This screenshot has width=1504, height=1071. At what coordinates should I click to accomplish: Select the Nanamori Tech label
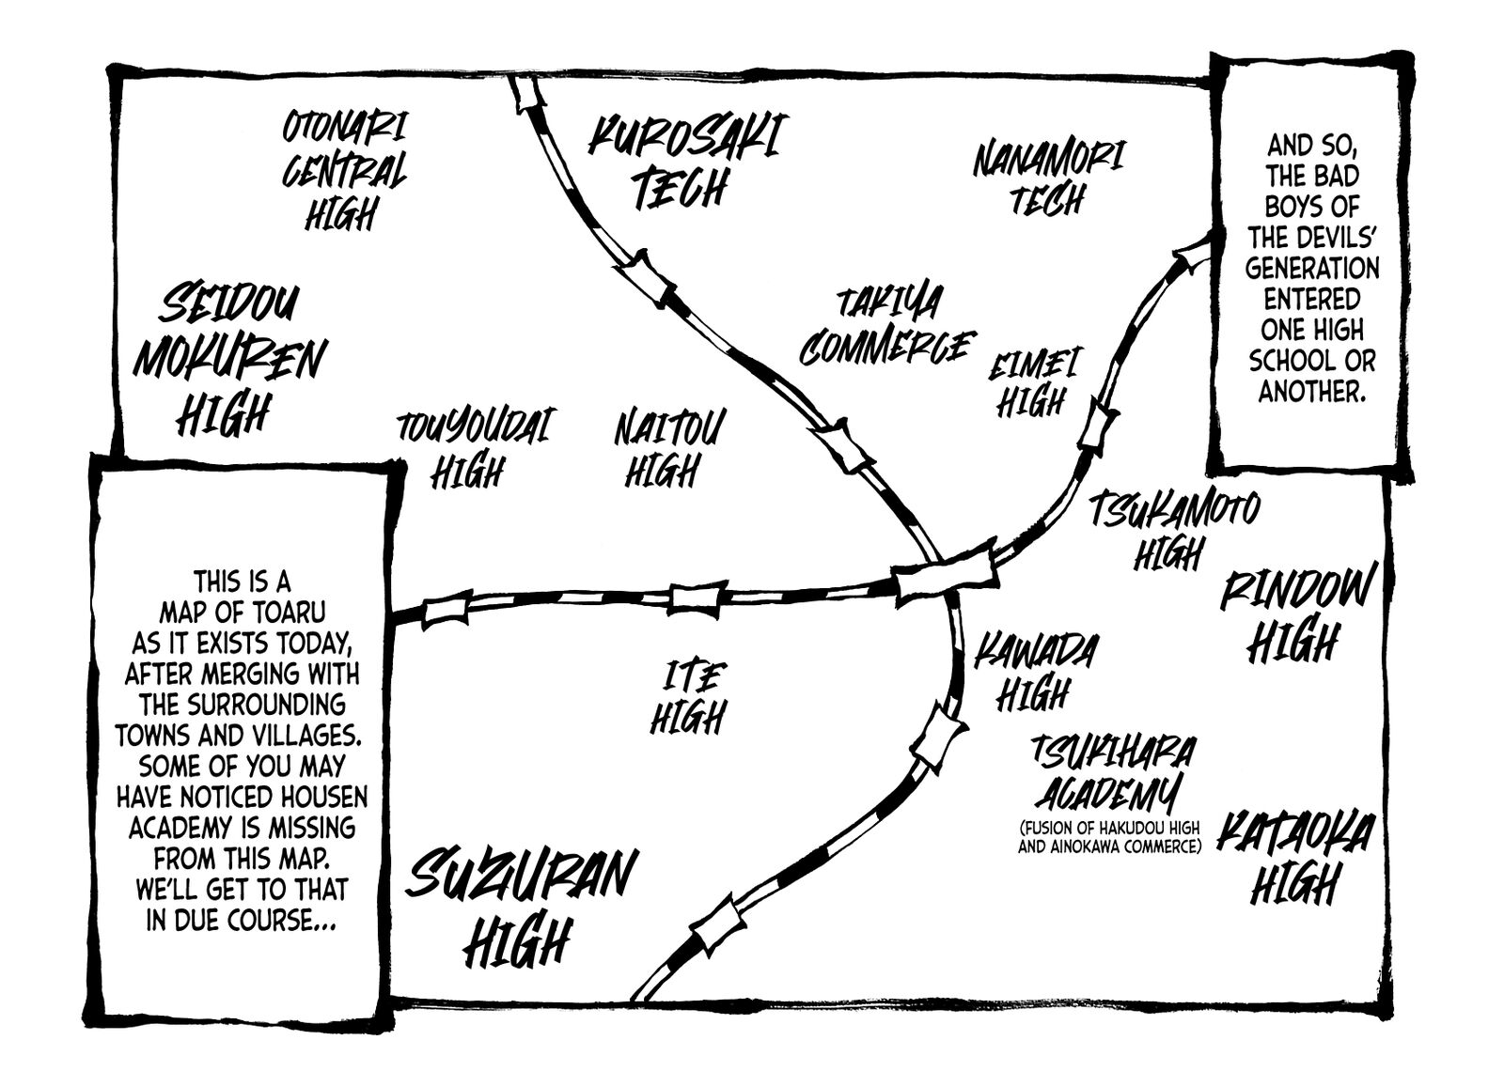1047,178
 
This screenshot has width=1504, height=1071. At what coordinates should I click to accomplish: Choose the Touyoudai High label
472,449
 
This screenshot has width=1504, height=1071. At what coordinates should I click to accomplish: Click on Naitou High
668,449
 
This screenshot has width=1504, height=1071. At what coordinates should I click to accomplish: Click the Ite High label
686,698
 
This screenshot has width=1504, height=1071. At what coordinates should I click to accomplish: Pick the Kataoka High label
1293,860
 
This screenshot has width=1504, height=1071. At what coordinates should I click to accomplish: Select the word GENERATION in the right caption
1312,269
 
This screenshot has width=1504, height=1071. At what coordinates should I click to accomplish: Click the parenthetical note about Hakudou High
1109,837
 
